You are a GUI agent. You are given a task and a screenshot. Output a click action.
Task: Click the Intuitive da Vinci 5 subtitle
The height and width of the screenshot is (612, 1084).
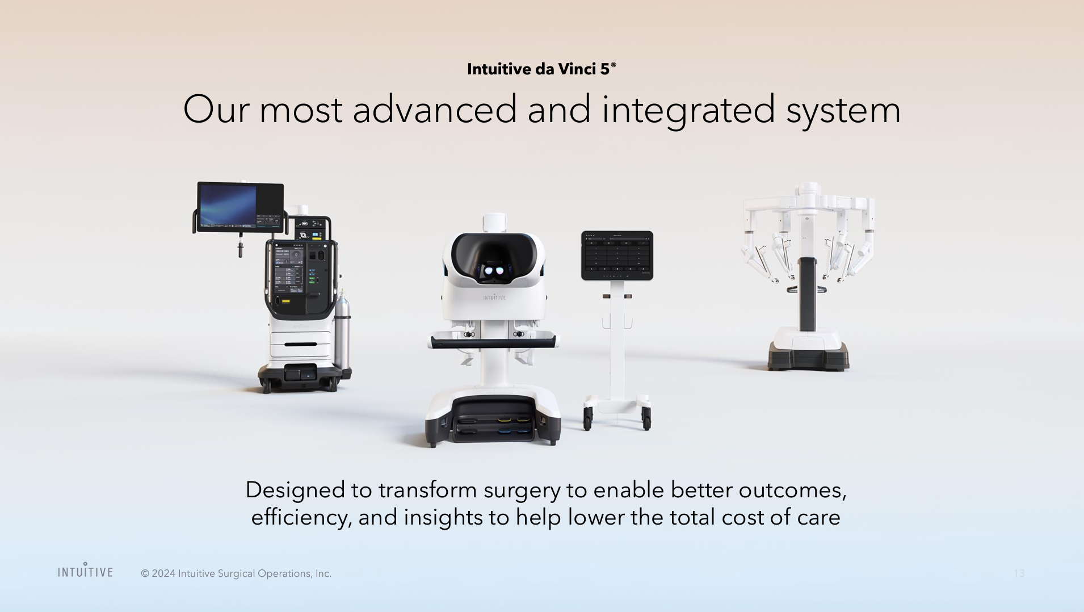tap(541, 69)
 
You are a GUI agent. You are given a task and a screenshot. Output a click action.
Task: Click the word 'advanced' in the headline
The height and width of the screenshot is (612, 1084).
tap(435, 109)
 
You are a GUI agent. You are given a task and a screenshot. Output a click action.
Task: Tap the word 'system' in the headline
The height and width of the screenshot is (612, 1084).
tap(843, 110)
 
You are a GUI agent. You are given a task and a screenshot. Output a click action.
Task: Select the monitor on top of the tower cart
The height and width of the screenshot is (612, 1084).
tap(240, 206)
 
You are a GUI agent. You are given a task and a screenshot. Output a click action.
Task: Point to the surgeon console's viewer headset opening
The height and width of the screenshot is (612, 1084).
tap(494, 258)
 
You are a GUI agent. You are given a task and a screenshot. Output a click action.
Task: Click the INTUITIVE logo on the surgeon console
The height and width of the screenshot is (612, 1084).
tap(494, 297)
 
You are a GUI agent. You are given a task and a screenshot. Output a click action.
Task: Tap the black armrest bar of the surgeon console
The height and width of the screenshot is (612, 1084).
tap(493, 342)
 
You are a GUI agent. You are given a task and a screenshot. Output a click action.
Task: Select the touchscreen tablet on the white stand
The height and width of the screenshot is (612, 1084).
tap(617, 255)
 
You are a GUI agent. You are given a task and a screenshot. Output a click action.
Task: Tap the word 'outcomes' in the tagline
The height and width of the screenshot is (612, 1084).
tap(792, 490)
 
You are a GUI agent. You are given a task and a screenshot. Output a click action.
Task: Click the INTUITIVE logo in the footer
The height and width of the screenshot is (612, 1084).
tap(85, 571)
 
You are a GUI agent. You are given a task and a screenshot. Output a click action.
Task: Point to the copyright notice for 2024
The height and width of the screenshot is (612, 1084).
tap(236, 573)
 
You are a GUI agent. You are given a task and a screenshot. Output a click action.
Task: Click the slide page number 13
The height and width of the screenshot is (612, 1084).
tap(1019, 573)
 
